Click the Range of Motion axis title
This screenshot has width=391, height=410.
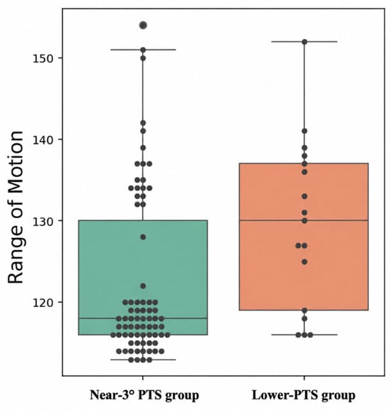(16, 207)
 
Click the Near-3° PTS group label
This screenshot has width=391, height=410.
(144, 394)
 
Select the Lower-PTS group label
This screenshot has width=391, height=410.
(304, 394)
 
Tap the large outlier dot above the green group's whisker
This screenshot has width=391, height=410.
(143, 26)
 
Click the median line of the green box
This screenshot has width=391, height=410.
(143, 318)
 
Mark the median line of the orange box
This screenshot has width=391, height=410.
(304, 220)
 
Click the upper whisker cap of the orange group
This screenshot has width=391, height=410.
(304, 42)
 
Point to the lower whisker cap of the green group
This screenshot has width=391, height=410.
(143, 360)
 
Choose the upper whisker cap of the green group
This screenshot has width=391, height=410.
(143, 50)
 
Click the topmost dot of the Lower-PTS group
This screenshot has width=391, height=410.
(304, 42)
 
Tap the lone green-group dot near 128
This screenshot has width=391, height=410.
(143, 237)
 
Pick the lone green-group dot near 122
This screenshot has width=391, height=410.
(143, 286)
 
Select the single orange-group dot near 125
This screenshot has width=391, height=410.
(304, 262)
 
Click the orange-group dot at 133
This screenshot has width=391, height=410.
(304, 196)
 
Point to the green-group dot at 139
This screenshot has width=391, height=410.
(143, 148)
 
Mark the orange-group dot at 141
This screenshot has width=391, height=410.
(304, 131)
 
